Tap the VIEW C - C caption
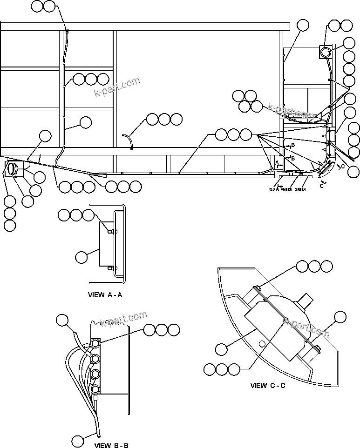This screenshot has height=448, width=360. point(268,385)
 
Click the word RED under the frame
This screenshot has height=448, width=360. point(272,189)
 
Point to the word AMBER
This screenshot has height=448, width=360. point(286,189)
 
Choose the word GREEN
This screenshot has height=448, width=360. point(300,189)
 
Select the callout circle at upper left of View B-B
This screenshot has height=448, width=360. point(62,320)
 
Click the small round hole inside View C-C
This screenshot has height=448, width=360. point(262,344)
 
